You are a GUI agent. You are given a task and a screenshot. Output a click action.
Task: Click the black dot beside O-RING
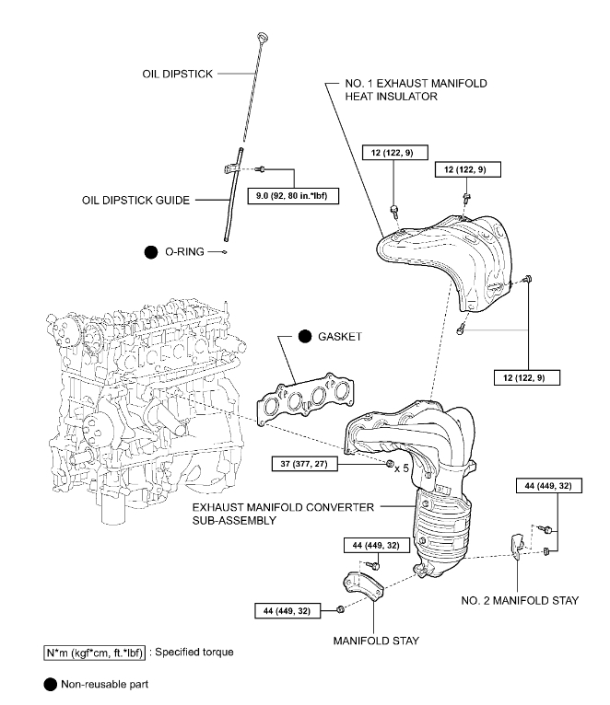pyautogui.click(x=150, y=250)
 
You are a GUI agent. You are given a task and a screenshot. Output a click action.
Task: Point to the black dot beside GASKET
pyautogui.click(x=305, y=338)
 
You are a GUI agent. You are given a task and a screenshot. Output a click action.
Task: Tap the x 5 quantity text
pyautogui.click(x=402, y=468)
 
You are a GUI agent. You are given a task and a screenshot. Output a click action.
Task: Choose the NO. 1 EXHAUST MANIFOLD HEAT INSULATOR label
pyautogui.click(x=407, y=90)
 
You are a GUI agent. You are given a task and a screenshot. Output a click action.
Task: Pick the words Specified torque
pyautogui.click(x=195, y=653)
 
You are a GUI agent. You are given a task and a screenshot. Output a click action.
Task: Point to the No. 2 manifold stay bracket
pyautogui.click(x=518, y=546)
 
